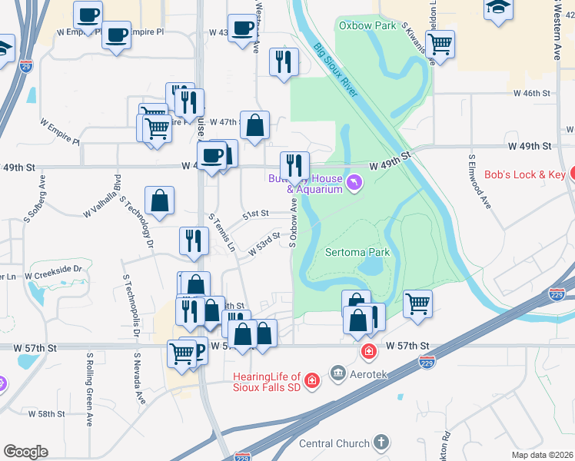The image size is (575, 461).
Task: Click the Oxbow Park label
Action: click(x=367, y=25)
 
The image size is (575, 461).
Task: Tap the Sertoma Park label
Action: click(x=357, y=252)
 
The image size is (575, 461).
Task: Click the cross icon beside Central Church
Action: click(x=381, y=443)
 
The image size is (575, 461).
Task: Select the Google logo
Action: click(x=25, y=452)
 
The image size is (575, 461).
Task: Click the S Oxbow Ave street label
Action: click(x=293, y=223)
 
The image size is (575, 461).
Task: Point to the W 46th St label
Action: click(x=535, y=92)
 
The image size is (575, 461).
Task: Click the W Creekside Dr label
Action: click(x=53, y=272)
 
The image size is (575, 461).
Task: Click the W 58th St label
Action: click(x=47, y=413)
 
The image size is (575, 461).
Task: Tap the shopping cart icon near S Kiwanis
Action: click(x=440, y=44)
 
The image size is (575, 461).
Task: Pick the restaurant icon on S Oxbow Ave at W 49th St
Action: click(x=294, y=164)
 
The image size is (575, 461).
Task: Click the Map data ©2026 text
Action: click(x=543, y=455)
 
